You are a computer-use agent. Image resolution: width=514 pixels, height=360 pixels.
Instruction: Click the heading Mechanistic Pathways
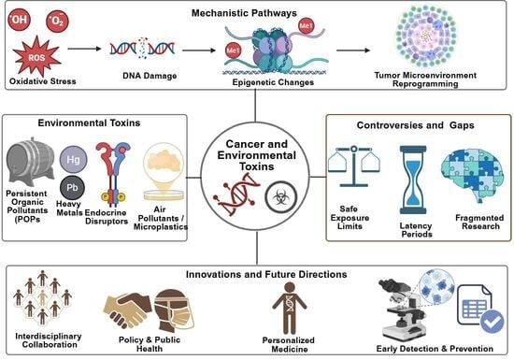[256, 14]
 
